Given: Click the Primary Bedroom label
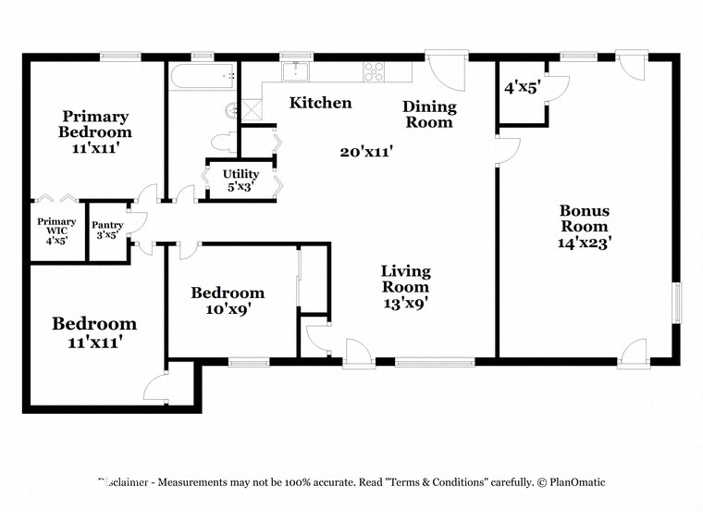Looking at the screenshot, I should (95, 124).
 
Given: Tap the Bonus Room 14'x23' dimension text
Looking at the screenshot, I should (584, 244).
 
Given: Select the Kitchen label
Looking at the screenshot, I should (320, 103).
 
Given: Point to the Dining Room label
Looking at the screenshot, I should (428, 115).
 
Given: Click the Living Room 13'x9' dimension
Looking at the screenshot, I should (406, 301).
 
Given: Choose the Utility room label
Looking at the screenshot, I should (240, 174).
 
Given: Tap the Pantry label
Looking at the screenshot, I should (107, 225).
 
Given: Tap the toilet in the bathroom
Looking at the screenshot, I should (223, 143).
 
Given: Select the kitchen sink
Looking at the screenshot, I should (297, 71).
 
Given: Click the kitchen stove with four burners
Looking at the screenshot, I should (374, 71).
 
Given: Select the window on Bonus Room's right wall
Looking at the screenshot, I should (677, 304).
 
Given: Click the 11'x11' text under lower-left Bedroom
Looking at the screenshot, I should (94, 343).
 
